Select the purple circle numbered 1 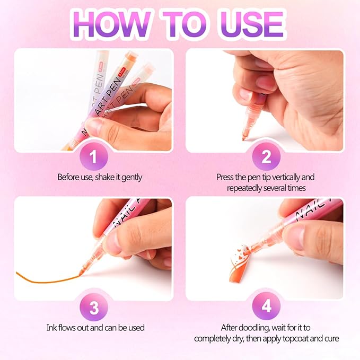pyautogui.click(x=93, y=157)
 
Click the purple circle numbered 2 pyautogui.click(x=266, y=157)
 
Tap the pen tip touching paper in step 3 pyautogui.click(x=81, y=273)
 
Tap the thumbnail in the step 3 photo pyautogui.click(x=113, y=242)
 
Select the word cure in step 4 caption pyautogui.click(x=331, y=338)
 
